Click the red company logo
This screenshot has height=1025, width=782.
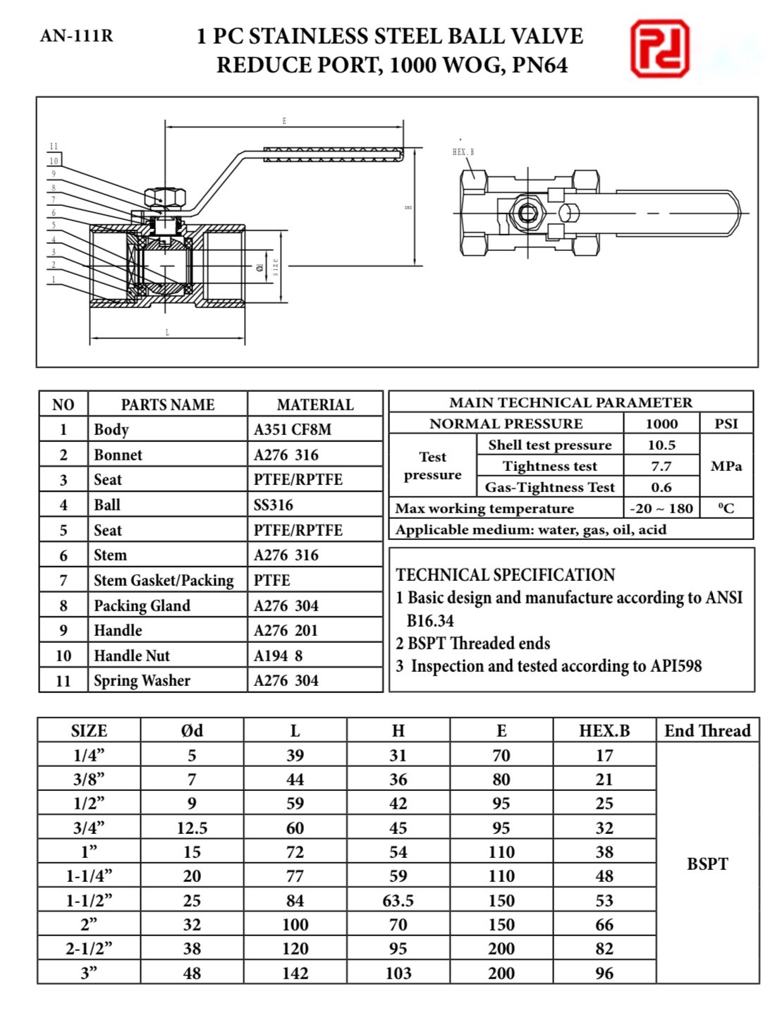659,49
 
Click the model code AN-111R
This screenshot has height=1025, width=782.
76,36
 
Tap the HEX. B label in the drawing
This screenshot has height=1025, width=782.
463,152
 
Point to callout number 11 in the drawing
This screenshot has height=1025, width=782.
54,147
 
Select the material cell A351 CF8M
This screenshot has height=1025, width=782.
292,429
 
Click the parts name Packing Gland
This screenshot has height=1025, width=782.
142,606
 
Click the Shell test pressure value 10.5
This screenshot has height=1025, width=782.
661,445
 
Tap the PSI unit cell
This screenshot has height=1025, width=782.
726,424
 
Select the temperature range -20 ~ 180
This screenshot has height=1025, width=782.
661,508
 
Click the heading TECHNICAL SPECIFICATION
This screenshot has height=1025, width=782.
505,575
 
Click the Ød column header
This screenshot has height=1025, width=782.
192,730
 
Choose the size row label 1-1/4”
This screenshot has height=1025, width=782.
89,876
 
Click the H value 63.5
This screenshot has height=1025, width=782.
398,900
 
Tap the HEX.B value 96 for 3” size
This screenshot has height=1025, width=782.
604,973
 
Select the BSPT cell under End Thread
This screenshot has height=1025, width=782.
707,864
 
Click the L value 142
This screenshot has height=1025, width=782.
295,973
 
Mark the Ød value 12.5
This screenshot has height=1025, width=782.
192,828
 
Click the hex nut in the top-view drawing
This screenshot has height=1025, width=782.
526,212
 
